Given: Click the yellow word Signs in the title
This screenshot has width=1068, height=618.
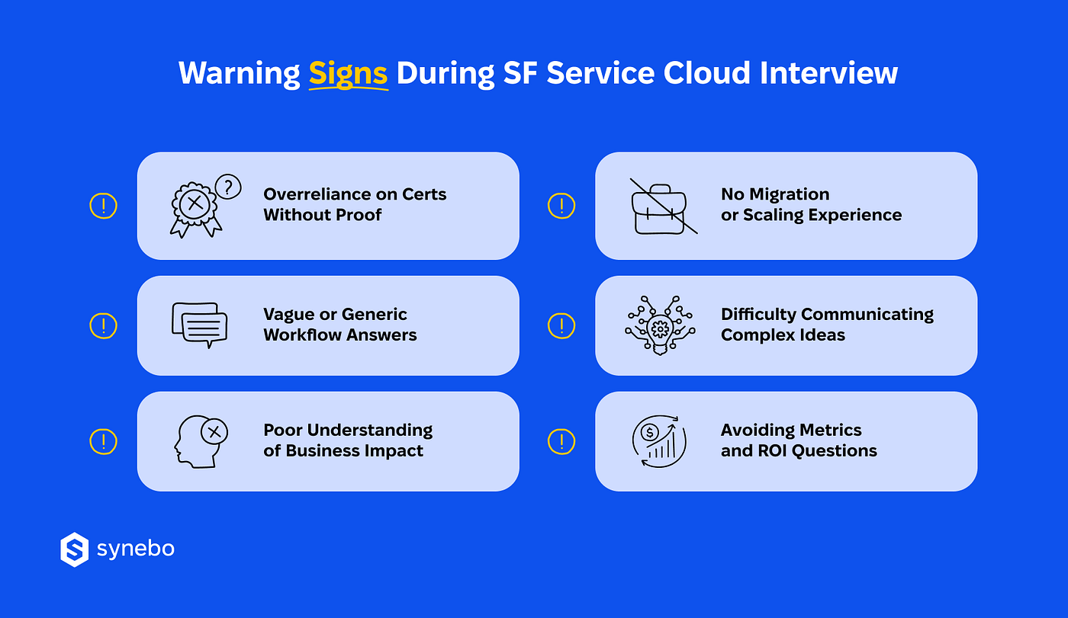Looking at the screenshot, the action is pos(348,74).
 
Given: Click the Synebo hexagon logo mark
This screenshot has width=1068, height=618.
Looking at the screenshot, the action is pos(75,549).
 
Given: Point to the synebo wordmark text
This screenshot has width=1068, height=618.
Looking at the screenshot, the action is pos(136,549).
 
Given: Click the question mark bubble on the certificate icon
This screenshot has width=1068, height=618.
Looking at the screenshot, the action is pos(228,187).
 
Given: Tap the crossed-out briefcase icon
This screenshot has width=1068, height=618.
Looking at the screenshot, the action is pos(663,207).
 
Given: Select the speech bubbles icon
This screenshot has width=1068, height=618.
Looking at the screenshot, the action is pos(200,325).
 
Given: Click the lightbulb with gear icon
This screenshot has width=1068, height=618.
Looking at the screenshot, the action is pos(660,325).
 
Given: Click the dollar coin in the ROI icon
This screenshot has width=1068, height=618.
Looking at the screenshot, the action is pos(649,433).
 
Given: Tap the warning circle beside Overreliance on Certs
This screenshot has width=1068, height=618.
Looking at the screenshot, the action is pos(104,206).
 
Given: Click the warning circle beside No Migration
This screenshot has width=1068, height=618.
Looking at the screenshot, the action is pos(561,206).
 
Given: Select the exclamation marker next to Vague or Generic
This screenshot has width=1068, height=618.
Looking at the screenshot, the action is pos(104,325).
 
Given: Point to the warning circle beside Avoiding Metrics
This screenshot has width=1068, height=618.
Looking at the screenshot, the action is pos(561,441).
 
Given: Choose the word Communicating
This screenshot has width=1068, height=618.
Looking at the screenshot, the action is pos(867,314).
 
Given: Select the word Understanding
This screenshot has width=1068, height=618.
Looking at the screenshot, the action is pos(370,431).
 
